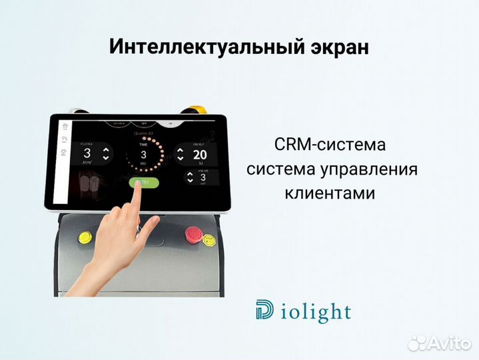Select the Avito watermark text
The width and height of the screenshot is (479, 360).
pyautogui.click(x=446, y=343)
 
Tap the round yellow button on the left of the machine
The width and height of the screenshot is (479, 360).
pyautogui.click(x=85, y=237)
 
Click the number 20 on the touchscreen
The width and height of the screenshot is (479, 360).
pyautogui.click(x=199, y=155)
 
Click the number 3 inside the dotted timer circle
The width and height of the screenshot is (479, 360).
pyautogui.click(x=143, y=154)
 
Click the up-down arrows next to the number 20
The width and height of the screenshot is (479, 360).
pyautogui.click(x=181, y=155)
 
